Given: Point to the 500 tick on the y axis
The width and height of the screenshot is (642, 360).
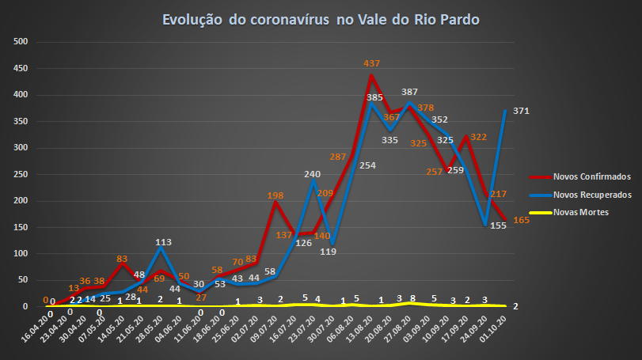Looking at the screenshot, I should pyautogui.click(x=21, y=42).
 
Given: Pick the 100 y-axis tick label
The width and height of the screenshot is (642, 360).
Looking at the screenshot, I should pyautogui.click(x=21, y=253).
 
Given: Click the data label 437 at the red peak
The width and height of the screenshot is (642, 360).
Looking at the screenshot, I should pyautogui.click(x=372, y=63).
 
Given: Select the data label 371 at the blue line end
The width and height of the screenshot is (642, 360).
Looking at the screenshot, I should pyautogui.click(x=521, y=110).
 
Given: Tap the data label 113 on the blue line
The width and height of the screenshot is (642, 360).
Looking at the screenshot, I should pyautogui.click(x=164, y=243).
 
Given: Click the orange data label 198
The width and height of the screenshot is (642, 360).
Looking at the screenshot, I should pyautogui.click(x=275, y=195).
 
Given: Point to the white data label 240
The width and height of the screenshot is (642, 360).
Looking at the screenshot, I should pyautogui.click(x=313, y=174).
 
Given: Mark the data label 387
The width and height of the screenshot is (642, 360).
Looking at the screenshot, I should pyautogui.click(x=409, y=92).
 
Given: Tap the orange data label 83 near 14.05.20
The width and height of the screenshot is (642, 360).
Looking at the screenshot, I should pyautogui.click(x=121, y=258).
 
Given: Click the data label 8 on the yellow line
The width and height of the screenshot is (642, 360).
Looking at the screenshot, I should pyautogui.click(x=412, y=299).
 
